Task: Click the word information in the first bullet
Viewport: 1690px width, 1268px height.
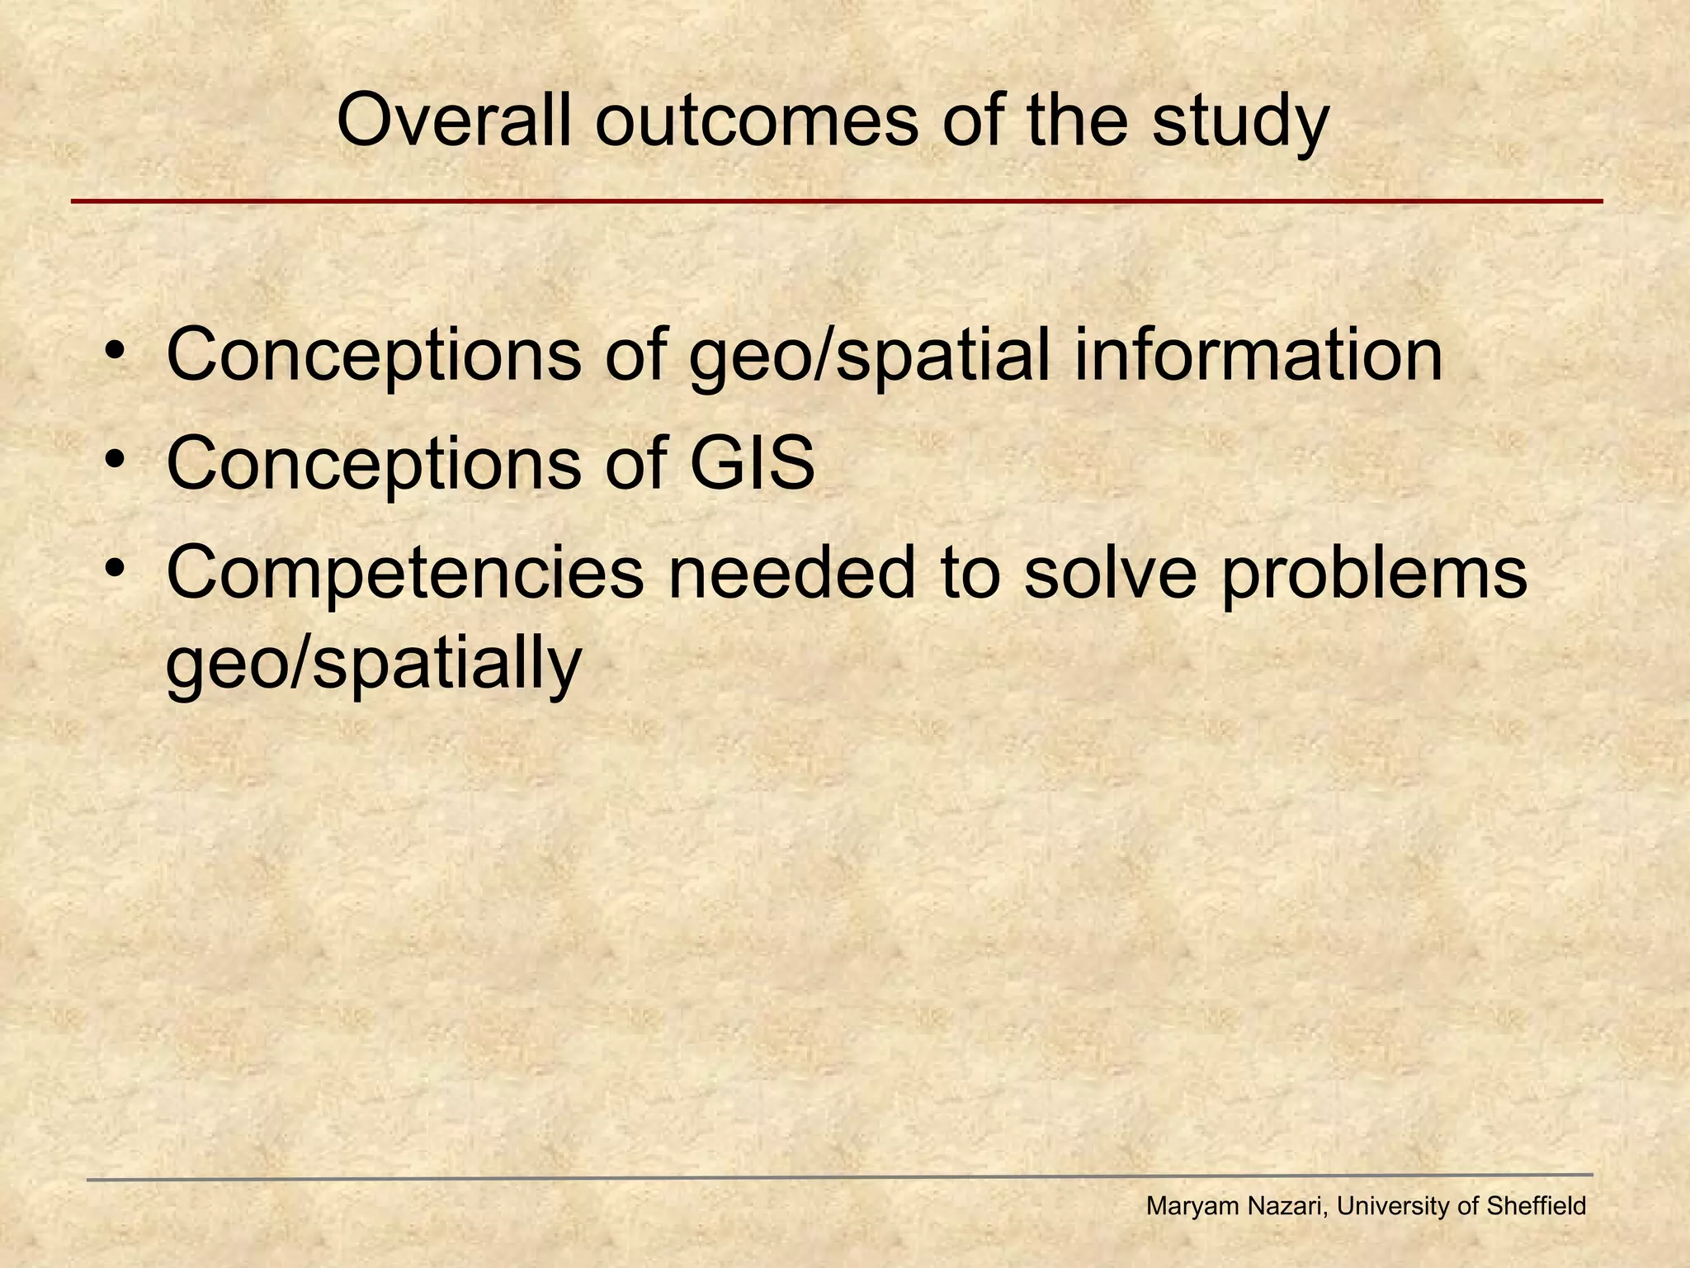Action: [x=1258, y=355]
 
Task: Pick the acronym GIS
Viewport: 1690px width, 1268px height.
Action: [x=752, y=464]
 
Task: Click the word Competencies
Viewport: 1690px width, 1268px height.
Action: [x=404, y=574]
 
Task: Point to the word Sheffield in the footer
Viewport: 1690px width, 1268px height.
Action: [x=1536, y=1207]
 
